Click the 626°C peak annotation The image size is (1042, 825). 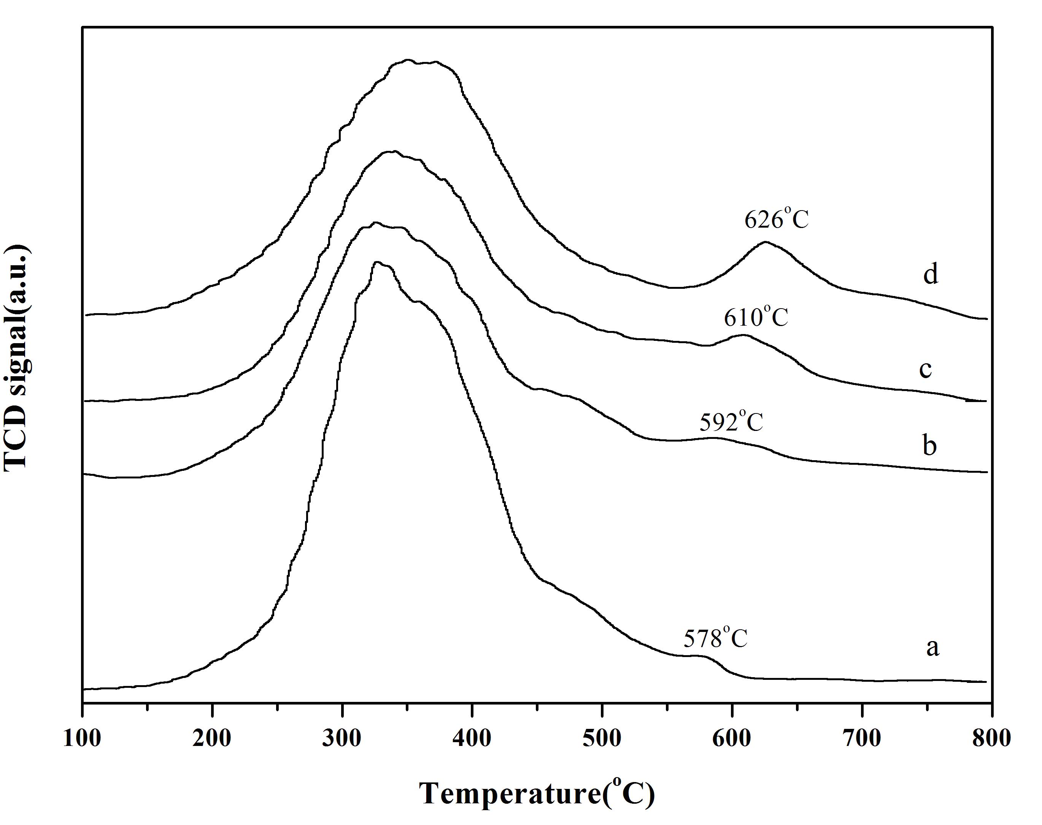point(776,220)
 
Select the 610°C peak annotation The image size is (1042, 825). point(756,318)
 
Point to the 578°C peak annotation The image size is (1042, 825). point(715,638)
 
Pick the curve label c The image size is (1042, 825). point(925,369)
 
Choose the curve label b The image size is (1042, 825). point(929,445)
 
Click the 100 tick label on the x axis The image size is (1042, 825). point(83,739)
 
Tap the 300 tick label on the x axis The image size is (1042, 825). point(342,739)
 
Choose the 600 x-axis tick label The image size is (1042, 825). point(732,739)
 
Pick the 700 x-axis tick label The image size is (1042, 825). point(862,739)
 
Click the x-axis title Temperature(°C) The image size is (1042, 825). point(537,792)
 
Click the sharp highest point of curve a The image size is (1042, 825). point(377,262)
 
